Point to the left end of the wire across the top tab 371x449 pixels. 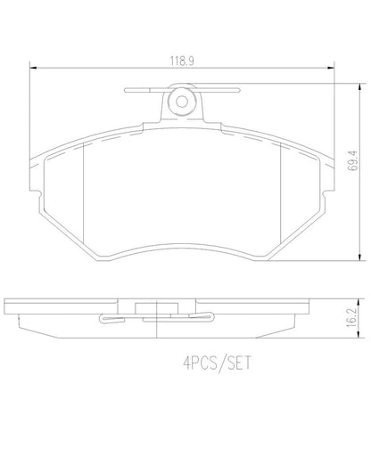pos(128,89)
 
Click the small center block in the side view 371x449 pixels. pos(156,310)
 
